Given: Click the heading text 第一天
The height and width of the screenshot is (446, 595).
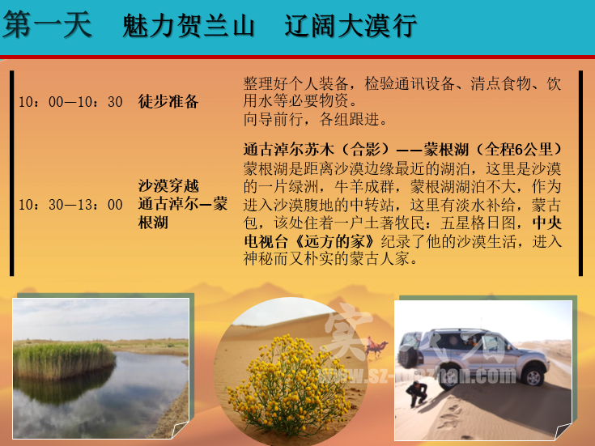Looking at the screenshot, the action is (47, 25).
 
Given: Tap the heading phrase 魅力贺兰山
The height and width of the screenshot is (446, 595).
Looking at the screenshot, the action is (189, 26).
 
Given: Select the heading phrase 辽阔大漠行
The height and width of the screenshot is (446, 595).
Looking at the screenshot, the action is (351, 26).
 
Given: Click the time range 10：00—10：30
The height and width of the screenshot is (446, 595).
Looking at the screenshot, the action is (71, 102).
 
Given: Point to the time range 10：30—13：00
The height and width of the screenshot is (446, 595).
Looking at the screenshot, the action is (71, 205).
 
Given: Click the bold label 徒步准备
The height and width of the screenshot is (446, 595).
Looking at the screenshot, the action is (168, 101).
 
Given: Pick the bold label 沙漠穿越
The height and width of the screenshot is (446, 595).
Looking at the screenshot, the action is (168, 186).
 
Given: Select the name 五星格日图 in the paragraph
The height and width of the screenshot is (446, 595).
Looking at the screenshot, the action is (478, 223).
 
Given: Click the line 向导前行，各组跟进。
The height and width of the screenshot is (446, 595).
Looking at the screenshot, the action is (315, 119).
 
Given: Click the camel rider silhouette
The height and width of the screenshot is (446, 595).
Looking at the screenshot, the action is (376, 347).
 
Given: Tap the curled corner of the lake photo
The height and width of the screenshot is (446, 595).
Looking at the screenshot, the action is (180, 430).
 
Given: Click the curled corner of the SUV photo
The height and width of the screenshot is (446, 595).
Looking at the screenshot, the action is (563, 432).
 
